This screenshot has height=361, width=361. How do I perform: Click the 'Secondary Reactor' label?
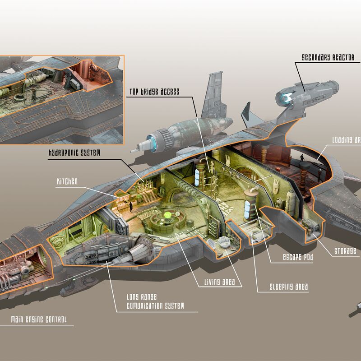pyautogui.click(x=328, y=57)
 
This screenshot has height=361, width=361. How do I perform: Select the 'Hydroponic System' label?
pyautogui.click(x=74, y=153)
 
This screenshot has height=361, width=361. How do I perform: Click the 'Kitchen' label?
pyautogui.click(x=67, y=181)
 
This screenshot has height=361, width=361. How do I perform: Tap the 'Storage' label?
pyautogui.click(x=345, y=251)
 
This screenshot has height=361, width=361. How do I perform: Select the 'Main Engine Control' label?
pyautogui.click(x=39, y=319)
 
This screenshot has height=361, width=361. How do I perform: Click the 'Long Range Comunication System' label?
pyautogui.click(x=156, y=301)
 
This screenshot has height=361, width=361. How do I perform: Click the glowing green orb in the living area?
pyautogui.click(x=167, y=216)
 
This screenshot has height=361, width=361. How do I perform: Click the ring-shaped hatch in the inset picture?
pyautogui.click(x=19, y=97)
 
